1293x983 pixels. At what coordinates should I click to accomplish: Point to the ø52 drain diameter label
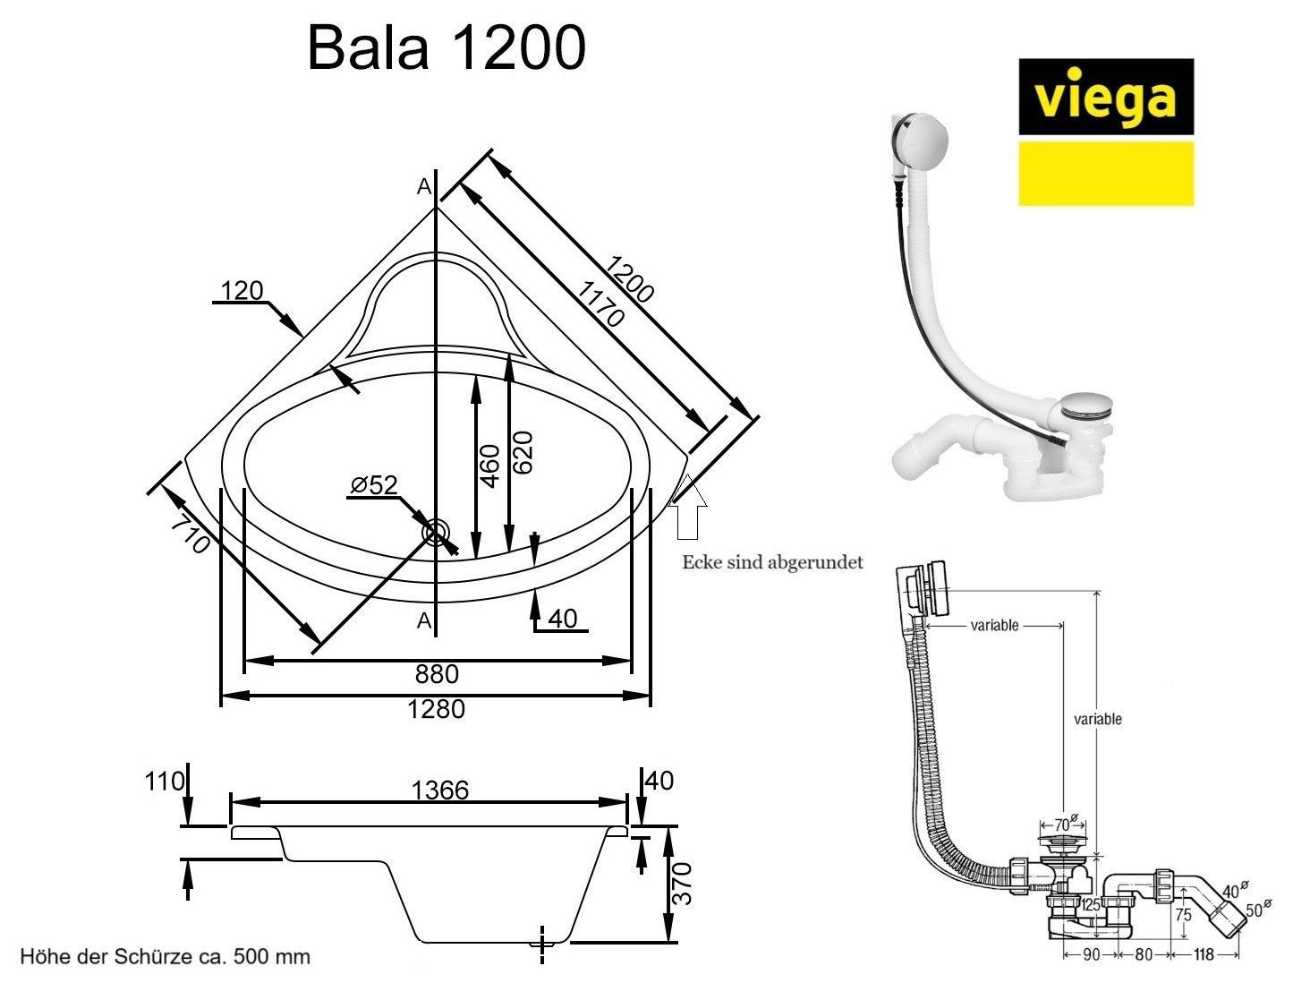click(374, 484)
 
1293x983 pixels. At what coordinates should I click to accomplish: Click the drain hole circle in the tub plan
click(436, 532)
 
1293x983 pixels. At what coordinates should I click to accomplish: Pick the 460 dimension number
click(489, 466)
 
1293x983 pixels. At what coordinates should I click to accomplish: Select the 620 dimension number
click(523, 452)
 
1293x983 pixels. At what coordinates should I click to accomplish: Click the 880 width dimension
click(436, 673)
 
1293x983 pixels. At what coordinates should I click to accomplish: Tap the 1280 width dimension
click(436, 709)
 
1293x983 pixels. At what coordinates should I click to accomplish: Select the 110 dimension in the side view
click(164, 781)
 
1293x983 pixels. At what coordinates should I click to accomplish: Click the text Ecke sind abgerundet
click(772, 563)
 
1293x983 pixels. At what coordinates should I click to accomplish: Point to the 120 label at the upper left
click(242, 290)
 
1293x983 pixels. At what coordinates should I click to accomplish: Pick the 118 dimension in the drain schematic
click(1203, 955)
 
